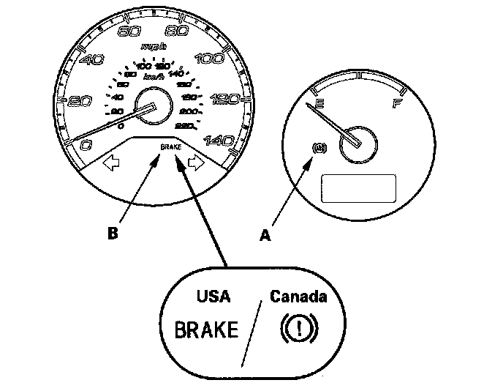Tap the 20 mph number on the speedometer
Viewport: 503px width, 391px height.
[78, 102]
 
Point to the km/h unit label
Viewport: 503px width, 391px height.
[153, 75]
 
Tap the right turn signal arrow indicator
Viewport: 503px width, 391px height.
[195, 163]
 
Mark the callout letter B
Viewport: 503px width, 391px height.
[112, 234]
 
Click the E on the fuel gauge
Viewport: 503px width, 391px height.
[316, 105]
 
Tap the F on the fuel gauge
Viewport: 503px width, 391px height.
[397, 104]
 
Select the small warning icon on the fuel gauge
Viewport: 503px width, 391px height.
[318, 148]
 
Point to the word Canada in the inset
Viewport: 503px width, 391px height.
[298, 297]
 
